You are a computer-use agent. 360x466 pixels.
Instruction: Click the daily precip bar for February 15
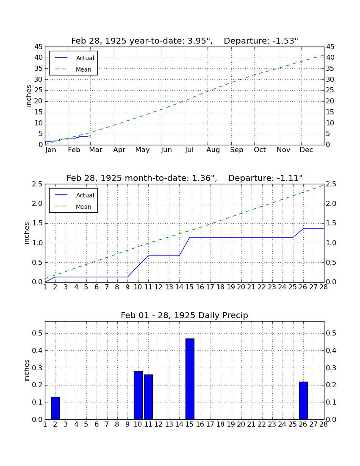pyautogui.click(x=190, y=379)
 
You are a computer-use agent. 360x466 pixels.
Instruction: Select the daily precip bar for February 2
pyautogui.click(x=55, y=408)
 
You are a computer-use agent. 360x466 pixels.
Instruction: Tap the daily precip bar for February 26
pyautogui.click(x=303, y=401)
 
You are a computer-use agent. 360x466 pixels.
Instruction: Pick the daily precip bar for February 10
pyautogui.click(x=138, y=395)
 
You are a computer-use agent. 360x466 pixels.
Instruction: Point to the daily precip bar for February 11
pyautogui.click(x=149, y=397)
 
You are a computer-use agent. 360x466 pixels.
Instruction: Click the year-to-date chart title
pyautogui.click(x=185, y=41)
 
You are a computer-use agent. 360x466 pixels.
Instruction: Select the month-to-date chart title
pyautogui.click(x=185, y=178)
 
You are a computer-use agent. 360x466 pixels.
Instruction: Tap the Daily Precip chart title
pyautogui.click(x=185, y=315)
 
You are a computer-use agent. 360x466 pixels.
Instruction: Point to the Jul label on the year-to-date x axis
pyautogui.click(x=189, y=150)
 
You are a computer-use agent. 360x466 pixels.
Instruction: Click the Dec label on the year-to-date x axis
pyautogui.click(x=306, y=150)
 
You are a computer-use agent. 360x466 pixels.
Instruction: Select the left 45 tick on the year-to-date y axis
pyautogui.click(x=39, y=47)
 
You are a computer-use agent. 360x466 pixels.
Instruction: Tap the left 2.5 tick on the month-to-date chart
pyautogui.click(x=37, y=184)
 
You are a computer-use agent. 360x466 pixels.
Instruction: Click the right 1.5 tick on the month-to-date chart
pyautogui.click(x=332, y=224)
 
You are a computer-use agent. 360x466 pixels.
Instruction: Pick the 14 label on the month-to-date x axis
pyautogui.click(x=179, y=287)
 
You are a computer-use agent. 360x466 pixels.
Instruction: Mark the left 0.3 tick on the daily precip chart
pyautogui.click(x=37, y=368)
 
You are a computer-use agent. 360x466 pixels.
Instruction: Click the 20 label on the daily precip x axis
pyautogui.click(x=241, y=424)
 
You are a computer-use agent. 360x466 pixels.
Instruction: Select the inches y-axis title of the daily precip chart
pyautogui.click(x=27, y=370)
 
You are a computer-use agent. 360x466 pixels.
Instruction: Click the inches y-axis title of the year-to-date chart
pyautogui.click(x=28, y=96)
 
